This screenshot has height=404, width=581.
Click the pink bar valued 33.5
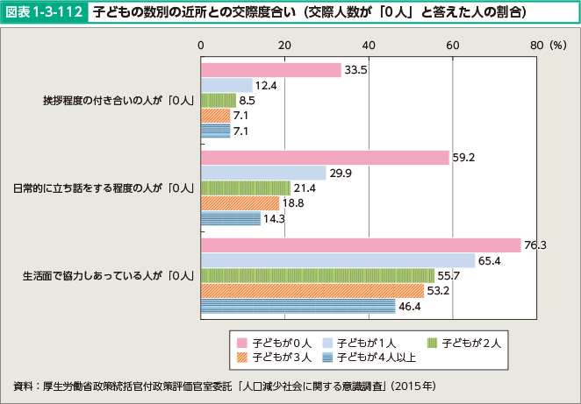pyautogui.click(x=270, y=70)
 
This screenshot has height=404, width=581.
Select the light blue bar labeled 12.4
pyautogui.click(x=226, y=85)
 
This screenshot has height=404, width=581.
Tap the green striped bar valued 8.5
pyautogui.click(x=219, y=100)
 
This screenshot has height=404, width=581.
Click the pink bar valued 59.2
pyautogui.click(x=325, y=158)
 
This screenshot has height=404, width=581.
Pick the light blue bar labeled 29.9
pyautogui.click(x=263, y=173)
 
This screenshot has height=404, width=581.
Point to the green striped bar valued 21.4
pyautogui.click(x=246, y=188)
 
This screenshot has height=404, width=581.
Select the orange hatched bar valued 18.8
pyautogui.click(x=240, y=202)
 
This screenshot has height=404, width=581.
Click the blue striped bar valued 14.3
pyautogui.click(x=231, y=218)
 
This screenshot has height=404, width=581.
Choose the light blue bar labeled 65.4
pyautogui.click(x=338, y=260)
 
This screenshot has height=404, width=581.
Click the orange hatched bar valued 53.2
pyautogui.click(x=312, y=290)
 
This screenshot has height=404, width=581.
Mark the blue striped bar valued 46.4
pyautogui.click(x=298, y=306)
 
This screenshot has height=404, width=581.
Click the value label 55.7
pyautogui.click(x=449, y=275)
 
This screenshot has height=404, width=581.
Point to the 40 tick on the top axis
pyautogui.click(x=368, y=45)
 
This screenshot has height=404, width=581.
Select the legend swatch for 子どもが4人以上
pyautogui.click(x=329, y=357)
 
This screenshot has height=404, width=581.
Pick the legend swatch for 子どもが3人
pyautogui.click(x=241, y=357)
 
